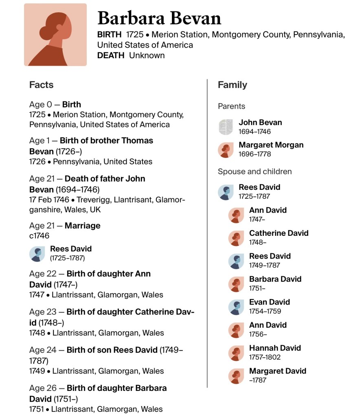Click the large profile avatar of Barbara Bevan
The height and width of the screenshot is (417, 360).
[x=55, y=35]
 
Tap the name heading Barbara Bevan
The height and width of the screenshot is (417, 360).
[x=159, y=18]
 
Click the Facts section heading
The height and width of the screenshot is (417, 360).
[x=41, y=85]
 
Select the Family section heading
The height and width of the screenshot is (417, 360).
[x=232, y=85]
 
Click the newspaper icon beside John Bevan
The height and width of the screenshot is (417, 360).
[x=226, y=127]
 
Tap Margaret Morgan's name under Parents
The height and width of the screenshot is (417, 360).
[x=271, y=145]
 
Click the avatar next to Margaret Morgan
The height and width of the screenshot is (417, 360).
[x=226, y=150]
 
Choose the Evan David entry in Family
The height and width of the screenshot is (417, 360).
[x=269, y=302]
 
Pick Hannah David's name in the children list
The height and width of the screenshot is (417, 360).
[x=275, y=348]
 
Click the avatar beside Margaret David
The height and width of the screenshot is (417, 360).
[x=236, y=375]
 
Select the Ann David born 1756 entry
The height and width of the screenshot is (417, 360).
[x=268, y=325]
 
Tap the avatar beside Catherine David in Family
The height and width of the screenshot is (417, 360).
[x=236, y=238]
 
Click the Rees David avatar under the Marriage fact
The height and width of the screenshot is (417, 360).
[x=37, y=254]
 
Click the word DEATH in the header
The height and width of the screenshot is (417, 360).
[x=110, y=55]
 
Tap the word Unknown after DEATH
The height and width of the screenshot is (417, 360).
[x=147, y=55]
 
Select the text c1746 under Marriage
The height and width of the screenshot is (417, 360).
[x=39, y=236]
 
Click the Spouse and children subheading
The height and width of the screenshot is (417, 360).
[x=255, y=171]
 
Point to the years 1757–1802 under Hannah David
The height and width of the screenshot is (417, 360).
[x=265, y=357]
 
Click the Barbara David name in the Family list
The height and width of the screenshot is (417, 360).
[x=275, y=279]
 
